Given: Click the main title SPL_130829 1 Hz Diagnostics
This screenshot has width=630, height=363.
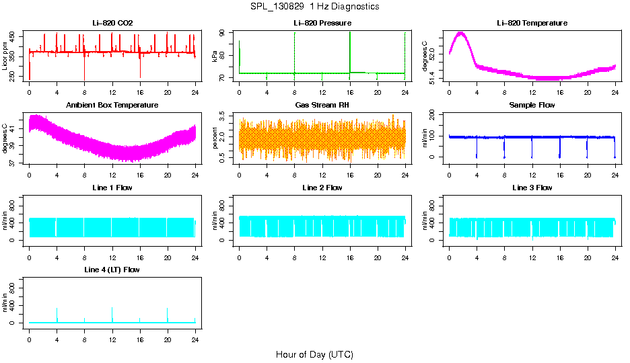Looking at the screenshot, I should [x=314, y=7].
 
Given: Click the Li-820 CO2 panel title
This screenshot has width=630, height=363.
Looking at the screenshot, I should [x=112, y=24].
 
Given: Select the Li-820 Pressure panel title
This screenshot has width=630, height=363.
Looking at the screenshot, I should [x=322, y=24].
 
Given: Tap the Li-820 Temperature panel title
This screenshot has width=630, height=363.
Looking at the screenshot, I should [x=532, y=24].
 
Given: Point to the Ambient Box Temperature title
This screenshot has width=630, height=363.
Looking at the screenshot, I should [x=112, y=106].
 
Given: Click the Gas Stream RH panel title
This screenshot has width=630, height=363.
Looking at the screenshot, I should [x=322, y=106].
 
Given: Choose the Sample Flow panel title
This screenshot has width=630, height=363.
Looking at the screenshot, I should [x=532, y=106].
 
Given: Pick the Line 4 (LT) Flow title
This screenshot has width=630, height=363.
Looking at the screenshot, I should [x=112, y=270].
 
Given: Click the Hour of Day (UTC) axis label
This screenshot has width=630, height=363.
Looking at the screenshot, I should [x=314, y=354].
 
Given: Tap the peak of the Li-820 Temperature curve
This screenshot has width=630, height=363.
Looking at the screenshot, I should [x=461, y=32].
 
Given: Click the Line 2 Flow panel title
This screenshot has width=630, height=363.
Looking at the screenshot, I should [x=322, y=188].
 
